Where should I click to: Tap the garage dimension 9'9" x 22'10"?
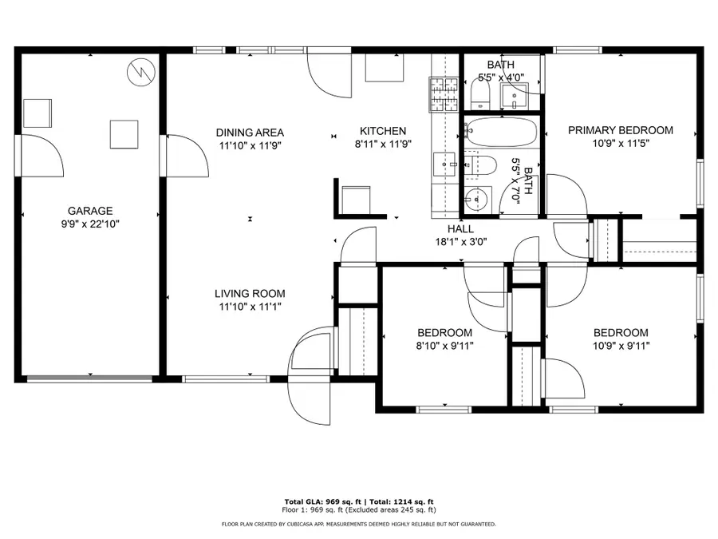pyautogui.click(x=90, y=224)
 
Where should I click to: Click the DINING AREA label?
pyautogui.click(x=251, y=133)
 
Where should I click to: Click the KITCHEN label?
pyautogui.click(x=383, y=132)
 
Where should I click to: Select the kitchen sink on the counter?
pyautogui.click(x=444, y=164)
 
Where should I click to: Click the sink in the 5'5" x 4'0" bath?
pyautogui.click(x=517, y=97)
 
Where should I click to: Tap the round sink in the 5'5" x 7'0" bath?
pyautogui.click(x=476, y=198)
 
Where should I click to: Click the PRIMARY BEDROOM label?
pyautogui.click(x=620, y=130)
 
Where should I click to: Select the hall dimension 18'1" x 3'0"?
pyautogui.click(x=460, y=241)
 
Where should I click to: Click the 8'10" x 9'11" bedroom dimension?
pyautogui.click(x=444, y=346)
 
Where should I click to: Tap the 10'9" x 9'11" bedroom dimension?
pyautogui.click(x=620, y=346)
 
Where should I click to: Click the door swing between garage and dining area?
pyautogui.click(x=188, y=156)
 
